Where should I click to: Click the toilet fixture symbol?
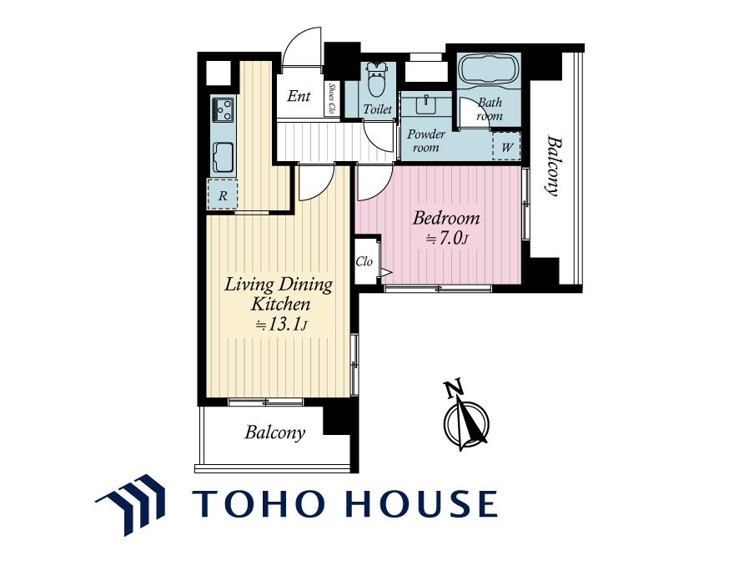click(x=378, y=79)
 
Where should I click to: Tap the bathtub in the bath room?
click(x=489, y=69)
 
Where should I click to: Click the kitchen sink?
click(x=223, y=157)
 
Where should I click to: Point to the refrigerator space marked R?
click(x=222, y=194)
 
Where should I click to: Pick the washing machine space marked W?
click(x=506, y=146)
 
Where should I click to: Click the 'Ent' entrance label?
click(x=299, y=96)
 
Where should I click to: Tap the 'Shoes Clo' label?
click(x=331, y=99)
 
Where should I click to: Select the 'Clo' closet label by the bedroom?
click(x=364, y=261)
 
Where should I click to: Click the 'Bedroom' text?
click(x=446, y=218)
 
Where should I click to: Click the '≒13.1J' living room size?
click(x=281, y=325)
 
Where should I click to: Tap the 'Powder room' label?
click(x=426, y=140)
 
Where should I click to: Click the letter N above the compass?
click(x=454, y=388)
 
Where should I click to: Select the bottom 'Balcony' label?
click(x=274, y=432)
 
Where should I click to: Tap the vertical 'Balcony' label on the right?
click(x=554, y=167)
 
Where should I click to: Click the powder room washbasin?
click(x=425, y=104)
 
